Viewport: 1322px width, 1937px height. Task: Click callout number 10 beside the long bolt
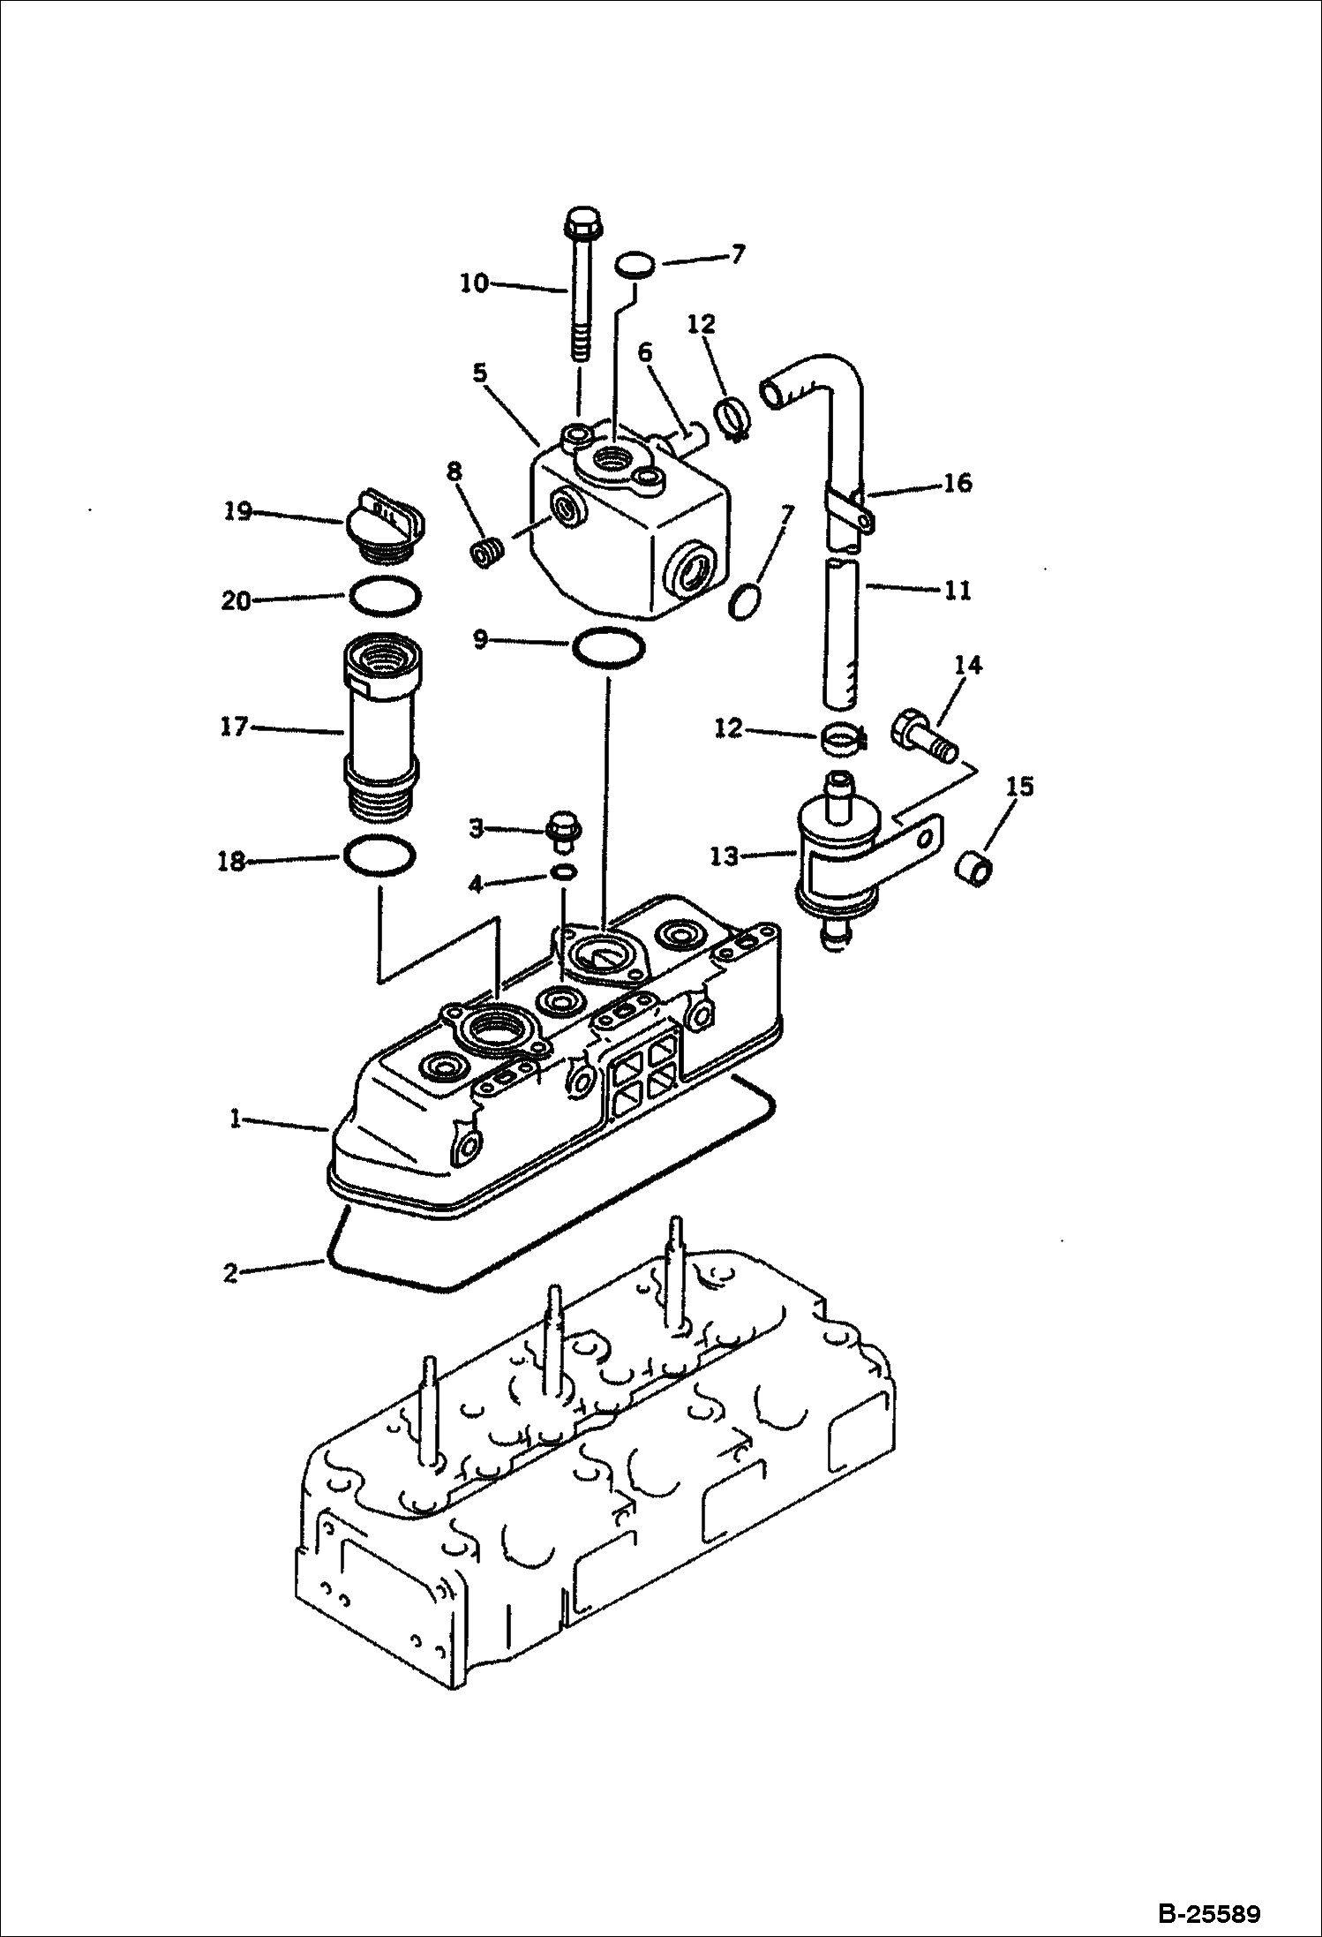click(474, 283)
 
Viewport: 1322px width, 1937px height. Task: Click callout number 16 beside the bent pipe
click(956, 482)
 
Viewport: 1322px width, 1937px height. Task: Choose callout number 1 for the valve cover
click(236, 1119)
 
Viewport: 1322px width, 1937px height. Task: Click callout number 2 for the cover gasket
click(231, 1273)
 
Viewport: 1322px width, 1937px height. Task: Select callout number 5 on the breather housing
click(479, 373)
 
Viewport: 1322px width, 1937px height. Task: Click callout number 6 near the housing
click(645, 352)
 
